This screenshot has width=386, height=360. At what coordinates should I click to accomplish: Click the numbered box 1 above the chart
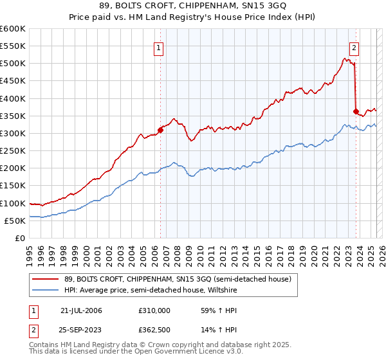[159, 46]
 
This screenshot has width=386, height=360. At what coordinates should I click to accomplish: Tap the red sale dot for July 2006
[160, 130]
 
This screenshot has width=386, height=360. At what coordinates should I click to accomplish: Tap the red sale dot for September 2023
[356, 111]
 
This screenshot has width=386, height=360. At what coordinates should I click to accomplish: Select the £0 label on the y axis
[21, 238]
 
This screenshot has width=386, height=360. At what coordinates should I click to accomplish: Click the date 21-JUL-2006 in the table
[81, 310]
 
